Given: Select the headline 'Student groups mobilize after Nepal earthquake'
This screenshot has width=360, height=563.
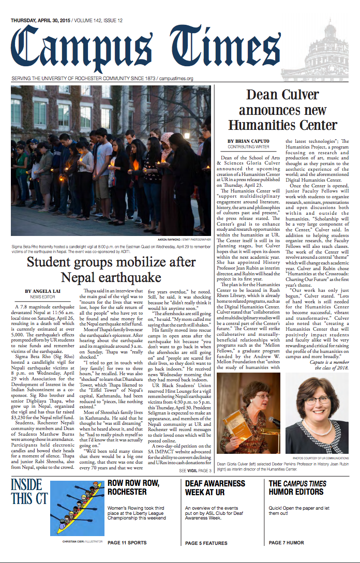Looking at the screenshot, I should [x=111, y=269].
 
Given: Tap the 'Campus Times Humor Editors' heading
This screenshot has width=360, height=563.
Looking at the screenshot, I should [x=297, y=487].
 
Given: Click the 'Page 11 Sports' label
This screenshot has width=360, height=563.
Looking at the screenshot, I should [x=127, y=543].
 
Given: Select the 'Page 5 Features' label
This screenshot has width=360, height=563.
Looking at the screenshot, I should [x=206, y=543].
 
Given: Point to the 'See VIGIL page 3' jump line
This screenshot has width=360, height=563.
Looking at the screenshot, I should [x=195, y=471].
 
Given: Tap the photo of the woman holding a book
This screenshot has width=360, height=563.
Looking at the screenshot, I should [x=250, y=405].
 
